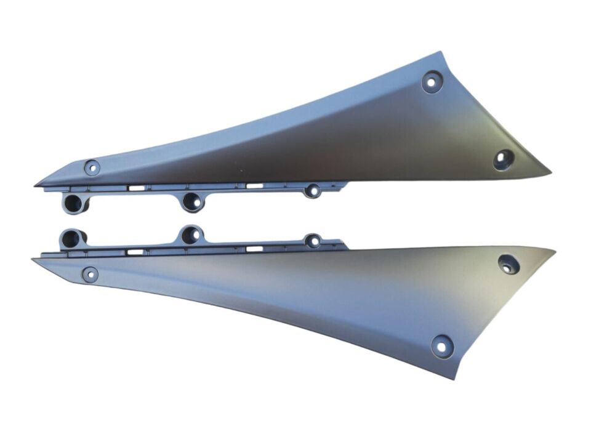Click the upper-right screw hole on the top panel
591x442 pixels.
point(432,81)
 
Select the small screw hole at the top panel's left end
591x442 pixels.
point(92,167)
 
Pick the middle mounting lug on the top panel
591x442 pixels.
point(191,200)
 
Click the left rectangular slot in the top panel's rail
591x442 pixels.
point(136,187)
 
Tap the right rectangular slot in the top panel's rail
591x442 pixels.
point(254,185)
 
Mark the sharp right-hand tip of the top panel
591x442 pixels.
point(549,174)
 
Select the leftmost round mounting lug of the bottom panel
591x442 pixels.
point(71,237)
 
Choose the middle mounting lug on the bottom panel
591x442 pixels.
point(191,234)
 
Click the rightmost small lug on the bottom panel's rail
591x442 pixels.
point(313,241)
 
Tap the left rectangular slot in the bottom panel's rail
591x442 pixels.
point(136,251)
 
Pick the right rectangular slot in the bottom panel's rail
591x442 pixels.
point(254,249)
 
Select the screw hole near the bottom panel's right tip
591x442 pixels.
point(508,264)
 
